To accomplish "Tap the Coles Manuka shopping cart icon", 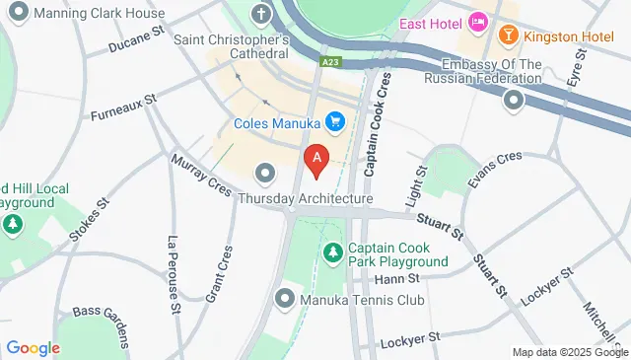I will click(x=335, y=121).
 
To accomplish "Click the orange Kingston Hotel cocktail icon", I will click(x=508, y=36).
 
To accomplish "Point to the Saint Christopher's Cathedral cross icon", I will click(x=260, y=15).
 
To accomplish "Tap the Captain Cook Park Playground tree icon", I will click(x=333, y=254).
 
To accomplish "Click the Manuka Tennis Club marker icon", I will click(x=286, y=298).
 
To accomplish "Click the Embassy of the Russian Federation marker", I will click(x=514, y=100).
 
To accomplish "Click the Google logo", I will click(x=33, y=347).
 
